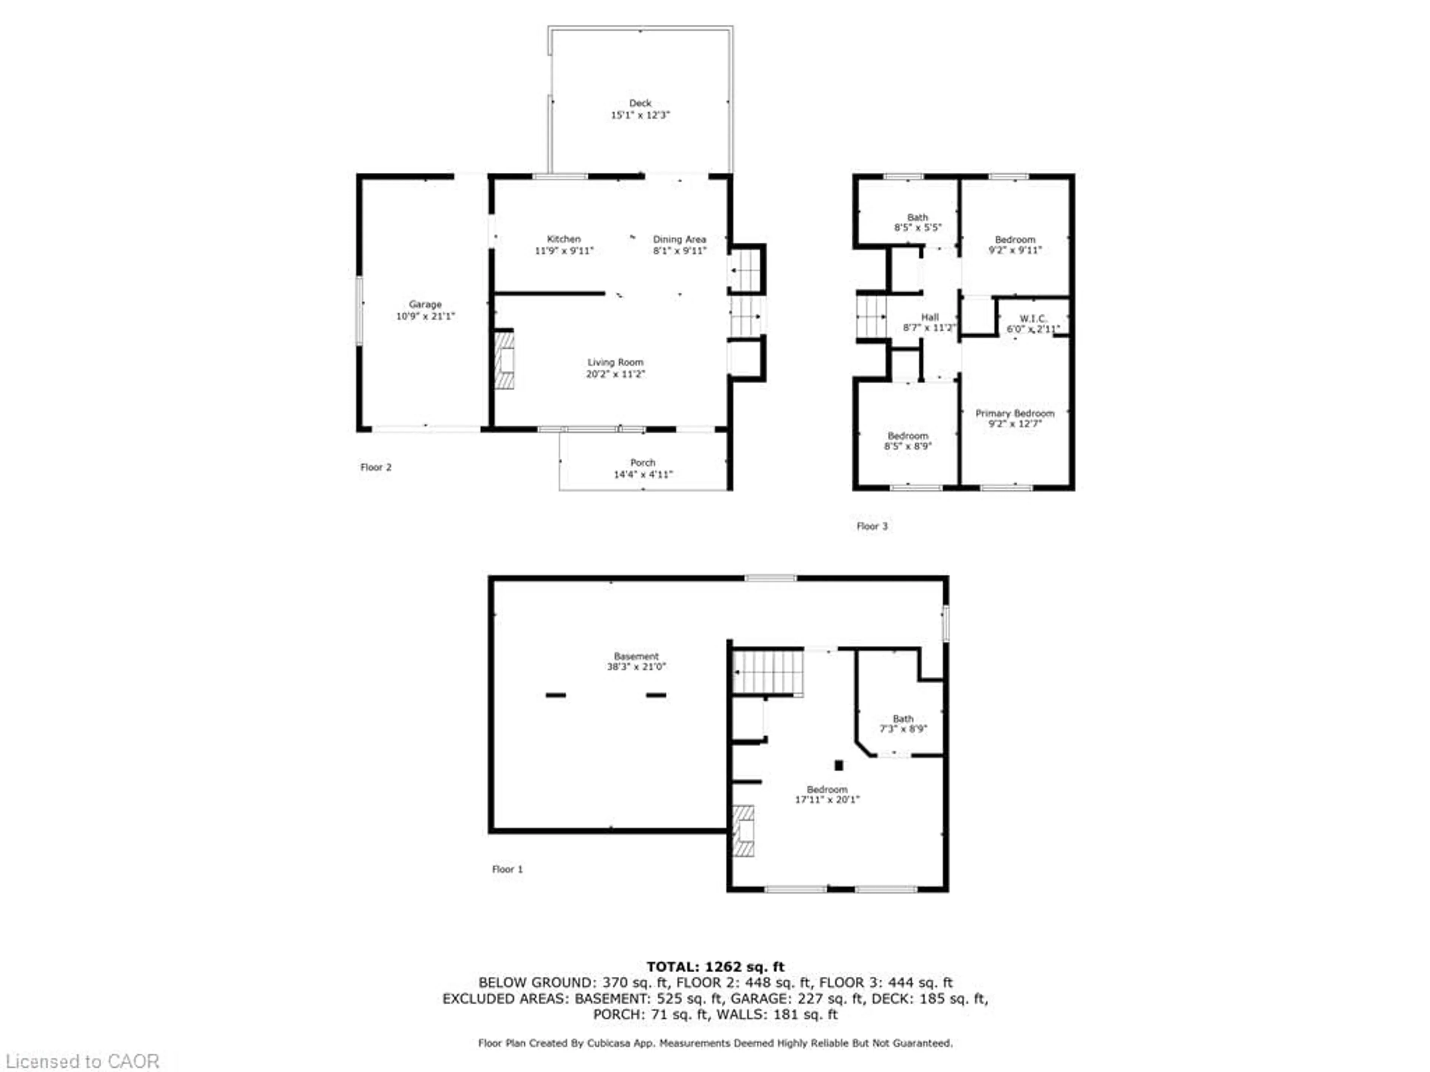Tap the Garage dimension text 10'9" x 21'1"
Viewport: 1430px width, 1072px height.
[425, 316]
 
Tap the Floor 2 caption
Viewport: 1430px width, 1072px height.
[376, 467]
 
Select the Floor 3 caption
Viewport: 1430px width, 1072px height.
[871, 526]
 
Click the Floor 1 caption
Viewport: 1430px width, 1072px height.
[507, 869]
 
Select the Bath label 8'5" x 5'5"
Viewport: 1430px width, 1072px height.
[917, 222]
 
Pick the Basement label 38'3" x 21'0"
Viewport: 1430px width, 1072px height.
[636, 661]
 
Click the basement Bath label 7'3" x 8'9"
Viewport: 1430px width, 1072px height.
[903, 724]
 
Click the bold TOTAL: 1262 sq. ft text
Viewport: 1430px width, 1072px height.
[715, 967]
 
